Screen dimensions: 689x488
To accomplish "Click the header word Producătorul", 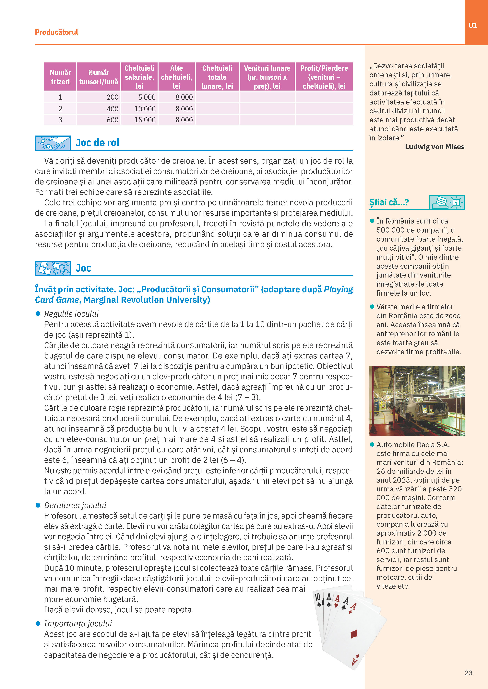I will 56,32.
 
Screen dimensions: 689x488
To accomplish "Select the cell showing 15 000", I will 145,120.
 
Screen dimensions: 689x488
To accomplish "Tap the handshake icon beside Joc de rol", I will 53,143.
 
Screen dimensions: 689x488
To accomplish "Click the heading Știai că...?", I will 389,202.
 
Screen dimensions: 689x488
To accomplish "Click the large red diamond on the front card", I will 354,634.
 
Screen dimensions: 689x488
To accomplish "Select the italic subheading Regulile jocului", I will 71,314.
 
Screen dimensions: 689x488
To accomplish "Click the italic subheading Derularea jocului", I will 75,505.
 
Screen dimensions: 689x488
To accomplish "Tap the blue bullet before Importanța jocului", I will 38,624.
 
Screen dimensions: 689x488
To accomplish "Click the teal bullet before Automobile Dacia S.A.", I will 372,444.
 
